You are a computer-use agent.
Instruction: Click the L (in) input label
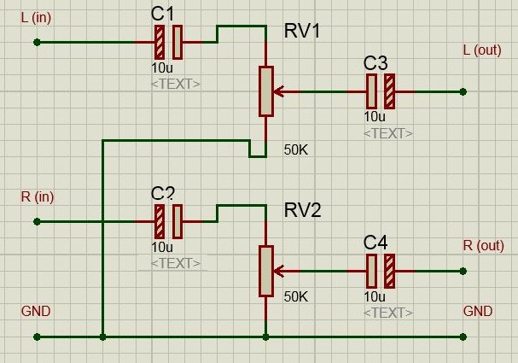[36, 18]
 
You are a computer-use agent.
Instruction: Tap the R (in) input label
[38, 196]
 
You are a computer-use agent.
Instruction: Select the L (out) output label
[482, 50]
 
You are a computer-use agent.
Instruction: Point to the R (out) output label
[484, 246]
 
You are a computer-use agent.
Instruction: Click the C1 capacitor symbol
[168, 43]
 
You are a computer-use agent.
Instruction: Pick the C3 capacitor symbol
[381, 91]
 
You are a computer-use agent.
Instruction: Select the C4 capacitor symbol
[381, 271]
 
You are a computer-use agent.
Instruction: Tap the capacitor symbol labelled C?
[168, 222]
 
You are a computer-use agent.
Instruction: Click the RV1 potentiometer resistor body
[266, 91]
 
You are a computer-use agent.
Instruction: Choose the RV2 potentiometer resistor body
[266, 271]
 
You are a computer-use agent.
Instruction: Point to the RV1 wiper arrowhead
[279, 91]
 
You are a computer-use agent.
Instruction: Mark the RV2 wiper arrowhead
[279, 271]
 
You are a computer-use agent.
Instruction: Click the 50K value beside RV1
[296, 150]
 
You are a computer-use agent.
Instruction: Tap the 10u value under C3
[375, 117]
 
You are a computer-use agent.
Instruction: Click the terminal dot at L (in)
[37, 43]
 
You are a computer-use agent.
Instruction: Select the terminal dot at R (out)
[463, 271]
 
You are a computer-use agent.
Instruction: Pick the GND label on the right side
[478, 311]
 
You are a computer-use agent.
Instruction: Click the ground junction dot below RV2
[265, 337]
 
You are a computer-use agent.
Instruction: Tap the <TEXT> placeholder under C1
[176, 85]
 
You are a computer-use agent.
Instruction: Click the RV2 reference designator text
[303, 210]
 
